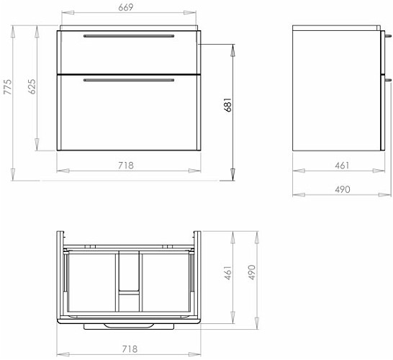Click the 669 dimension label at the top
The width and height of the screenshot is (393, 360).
pos(125,7)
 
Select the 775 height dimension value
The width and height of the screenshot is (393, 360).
pos(8,86)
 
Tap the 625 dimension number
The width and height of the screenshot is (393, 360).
pos(32,86)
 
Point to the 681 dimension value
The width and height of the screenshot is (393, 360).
pos(227,104)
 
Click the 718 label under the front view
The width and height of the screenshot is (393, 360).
pos(126,166)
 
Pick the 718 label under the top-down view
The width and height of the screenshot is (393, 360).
pos(130,349)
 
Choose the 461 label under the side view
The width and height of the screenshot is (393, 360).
pos(342,166)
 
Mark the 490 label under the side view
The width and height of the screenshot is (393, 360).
pos(343,189)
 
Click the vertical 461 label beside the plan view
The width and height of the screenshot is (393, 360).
pos(227,273)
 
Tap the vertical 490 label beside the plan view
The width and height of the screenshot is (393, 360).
pos(251,272)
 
